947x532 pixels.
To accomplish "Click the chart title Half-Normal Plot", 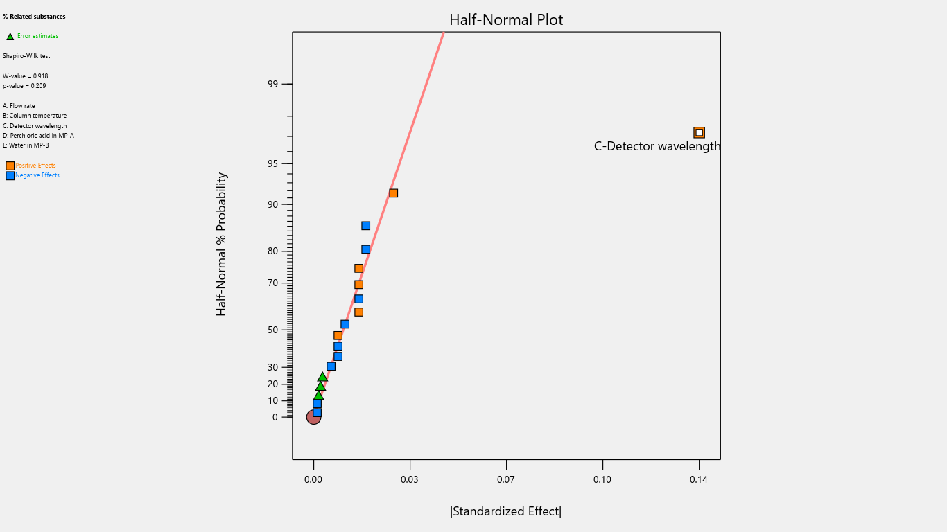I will click(x=506, y=20).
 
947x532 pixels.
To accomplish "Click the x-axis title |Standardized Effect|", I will click(x=505, y=511).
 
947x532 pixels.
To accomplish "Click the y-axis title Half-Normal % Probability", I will click(x=222, y=245).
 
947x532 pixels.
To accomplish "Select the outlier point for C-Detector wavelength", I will click(x=699, y=132).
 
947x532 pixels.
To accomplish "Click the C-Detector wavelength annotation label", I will click(x=657, y=146).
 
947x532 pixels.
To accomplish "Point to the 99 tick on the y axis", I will click(x=272, y=84).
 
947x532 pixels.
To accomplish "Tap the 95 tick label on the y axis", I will click(x=272, y=163).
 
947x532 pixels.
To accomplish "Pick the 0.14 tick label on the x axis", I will click(x=699, y=479).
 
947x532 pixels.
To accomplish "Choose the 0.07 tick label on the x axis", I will click(x=506, y=479).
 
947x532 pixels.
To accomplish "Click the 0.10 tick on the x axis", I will click(x=602, y=479).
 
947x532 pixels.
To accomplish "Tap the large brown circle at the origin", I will click(x=313, y=417).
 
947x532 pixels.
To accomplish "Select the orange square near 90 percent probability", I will click(x=393, y=193).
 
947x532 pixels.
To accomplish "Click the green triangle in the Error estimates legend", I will click(x=10, y=36).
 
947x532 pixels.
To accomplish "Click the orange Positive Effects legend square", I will click(x=10, y=166).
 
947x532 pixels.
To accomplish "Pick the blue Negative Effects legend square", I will click(x=10, y=176).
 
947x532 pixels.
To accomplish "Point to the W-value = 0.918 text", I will click(x=26, y=76).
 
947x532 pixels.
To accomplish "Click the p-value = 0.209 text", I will click(x=24, y=86).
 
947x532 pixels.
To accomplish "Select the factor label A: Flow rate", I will click(x=19, y=106).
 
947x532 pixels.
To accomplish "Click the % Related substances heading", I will click(x=34, y=16).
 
